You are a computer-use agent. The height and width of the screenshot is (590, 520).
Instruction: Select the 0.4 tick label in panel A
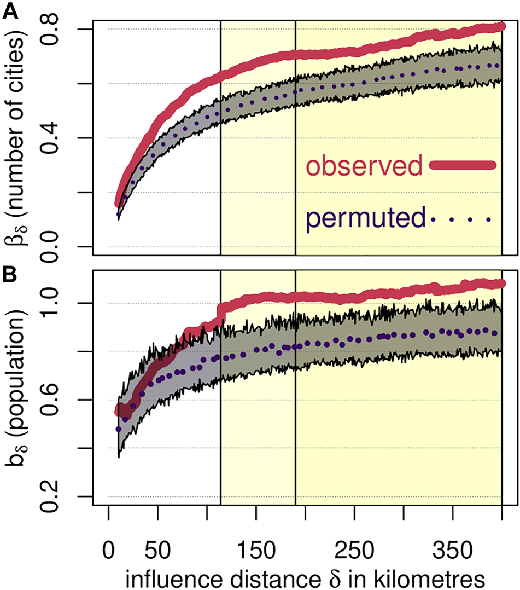pyautogui.click(x=77, y=138)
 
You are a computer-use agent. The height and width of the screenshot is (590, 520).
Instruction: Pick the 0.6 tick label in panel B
pyautogui.click(x=77, y=400)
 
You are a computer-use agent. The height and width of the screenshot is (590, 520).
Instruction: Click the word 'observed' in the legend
pyautogui.click(x=365, y=166)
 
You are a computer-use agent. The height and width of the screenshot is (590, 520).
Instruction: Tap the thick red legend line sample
pyautogui.click(x=463, y=165)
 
